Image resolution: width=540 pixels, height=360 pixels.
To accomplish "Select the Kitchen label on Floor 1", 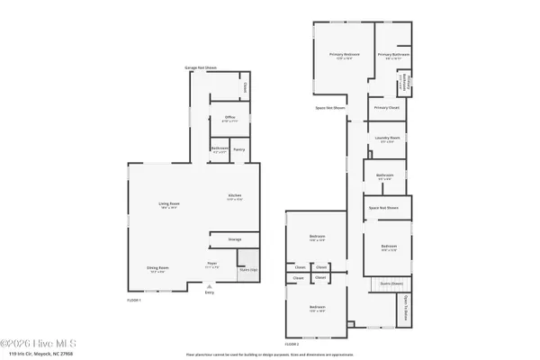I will (234, 196).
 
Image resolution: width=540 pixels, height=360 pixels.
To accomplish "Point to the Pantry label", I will (239, 149).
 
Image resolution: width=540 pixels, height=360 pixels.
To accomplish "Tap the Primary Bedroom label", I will (343, 54).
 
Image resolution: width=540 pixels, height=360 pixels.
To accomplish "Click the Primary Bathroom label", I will (393, 55).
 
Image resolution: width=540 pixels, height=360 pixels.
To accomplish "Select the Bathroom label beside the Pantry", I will (220, 149).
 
